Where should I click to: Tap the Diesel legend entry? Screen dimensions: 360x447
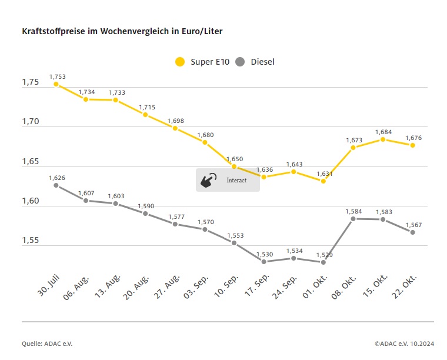255,62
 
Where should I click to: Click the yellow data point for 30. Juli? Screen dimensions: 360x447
56,84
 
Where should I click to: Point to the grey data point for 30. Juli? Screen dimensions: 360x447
56,185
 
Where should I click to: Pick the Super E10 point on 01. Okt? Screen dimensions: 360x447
323,181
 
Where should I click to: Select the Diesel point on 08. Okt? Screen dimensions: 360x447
353,219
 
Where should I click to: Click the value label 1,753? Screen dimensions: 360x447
58,76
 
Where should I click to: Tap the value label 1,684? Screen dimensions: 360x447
383,132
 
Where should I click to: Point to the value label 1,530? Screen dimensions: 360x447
264,254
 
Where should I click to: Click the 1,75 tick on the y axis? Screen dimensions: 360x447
30,82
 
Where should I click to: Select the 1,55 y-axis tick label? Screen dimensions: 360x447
30,241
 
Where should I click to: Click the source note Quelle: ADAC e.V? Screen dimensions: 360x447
47,344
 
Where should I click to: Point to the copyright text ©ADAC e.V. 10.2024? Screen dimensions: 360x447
403,344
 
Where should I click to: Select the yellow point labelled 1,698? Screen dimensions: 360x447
175,128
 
